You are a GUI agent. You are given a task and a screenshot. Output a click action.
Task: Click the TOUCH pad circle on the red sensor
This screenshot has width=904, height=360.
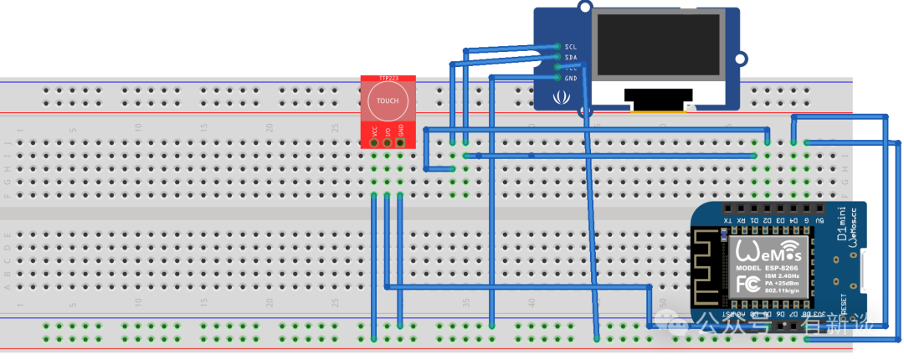tap(388, 101)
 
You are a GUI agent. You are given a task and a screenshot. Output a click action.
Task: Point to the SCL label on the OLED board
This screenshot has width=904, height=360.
tap(571, 47)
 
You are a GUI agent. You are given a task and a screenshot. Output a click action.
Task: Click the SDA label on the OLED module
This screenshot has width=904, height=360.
tap(571, 58)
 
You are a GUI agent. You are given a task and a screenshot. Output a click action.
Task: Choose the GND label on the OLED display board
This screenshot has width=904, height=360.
tap(571, 78)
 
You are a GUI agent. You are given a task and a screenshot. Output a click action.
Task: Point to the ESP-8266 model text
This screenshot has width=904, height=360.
tap(768, 268)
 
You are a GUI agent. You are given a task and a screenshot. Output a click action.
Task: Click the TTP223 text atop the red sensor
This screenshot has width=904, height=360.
tap(388, 78)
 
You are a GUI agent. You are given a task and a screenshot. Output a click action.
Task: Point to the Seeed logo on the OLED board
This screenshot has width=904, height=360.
tap(560, 99)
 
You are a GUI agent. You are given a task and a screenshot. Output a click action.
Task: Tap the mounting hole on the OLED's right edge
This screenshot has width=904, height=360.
tap(740, 59)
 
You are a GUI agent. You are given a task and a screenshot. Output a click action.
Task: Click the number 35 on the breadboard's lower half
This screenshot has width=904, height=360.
tap(466, 302)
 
